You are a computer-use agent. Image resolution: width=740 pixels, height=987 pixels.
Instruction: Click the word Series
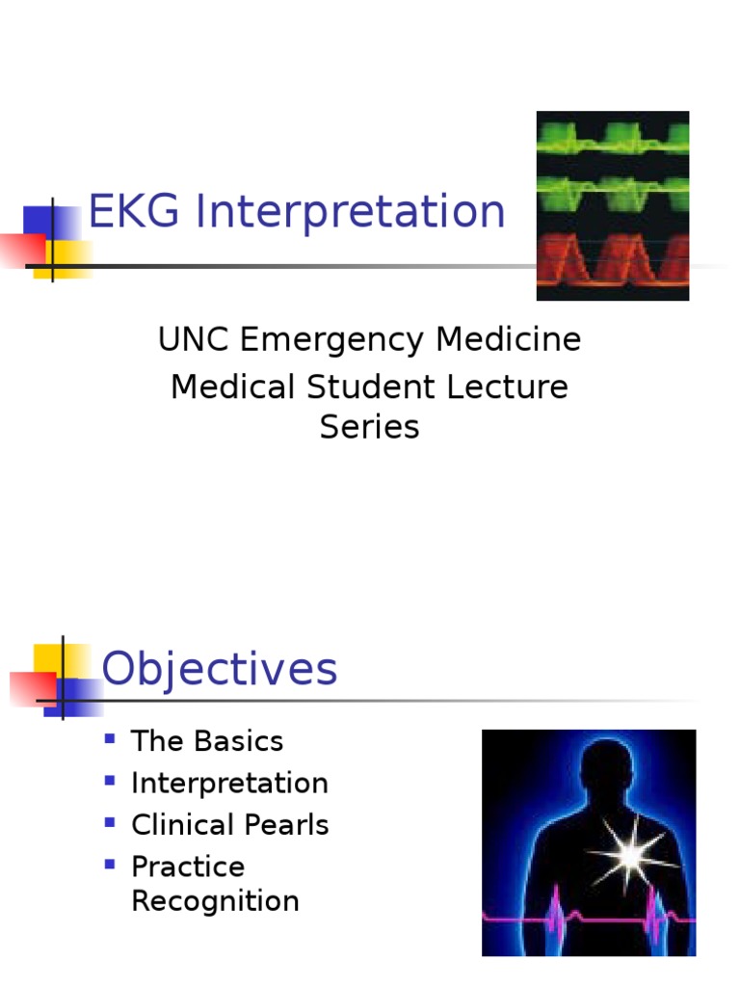(369, 427)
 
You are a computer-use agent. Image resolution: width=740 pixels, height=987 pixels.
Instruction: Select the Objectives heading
(220, 669)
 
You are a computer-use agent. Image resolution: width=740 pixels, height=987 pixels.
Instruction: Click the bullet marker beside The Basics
(110, 739)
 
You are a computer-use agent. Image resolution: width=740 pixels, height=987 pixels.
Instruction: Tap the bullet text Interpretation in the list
(229, 784)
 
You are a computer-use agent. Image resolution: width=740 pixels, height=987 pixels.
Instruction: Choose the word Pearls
(286, 825)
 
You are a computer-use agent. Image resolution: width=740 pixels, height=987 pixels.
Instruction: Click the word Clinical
(182, 825)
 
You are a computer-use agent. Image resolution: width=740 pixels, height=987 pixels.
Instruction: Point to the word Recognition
(215, 902)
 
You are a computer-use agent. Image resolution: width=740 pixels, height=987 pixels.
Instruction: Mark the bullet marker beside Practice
(110, 865)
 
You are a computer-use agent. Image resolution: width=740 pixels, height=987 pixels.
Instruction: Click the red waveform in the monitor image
(613, 258)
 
